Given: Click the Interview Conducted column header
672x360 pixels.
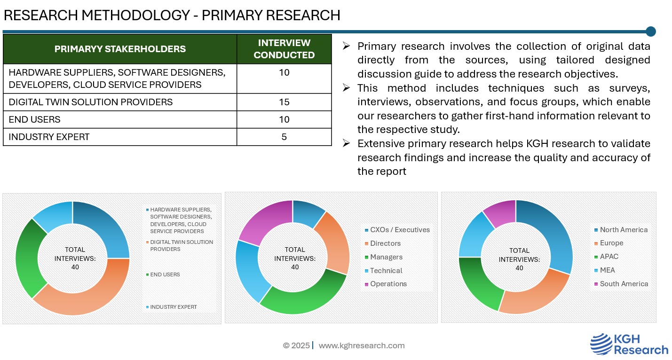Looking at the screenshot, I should tap(284, 49).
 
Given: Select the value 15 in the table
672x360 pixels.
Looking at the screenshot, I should tap(284, 102).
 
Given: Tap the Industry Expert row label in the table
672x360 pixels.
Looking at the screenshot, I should tap(49, 137).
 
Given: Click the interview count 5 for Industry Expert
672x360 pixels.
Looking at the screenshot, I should tap(284, 137).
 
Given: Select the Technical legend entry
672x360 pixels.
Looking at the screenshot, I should tap(386, 271).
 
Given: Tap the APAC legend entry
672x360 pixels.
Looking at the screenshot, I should tap(609, 257).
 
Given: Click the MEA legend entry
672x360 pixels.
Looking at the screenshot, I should tap(607, 270).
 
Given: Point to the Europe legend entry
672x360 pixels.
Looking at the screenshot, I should tap(611, 243).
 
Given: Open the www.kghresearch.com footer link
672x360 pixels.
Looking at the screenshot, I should tap(362, 345).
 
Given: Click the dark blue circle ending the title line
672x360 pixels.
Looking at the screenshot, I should tap(651, 31).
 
